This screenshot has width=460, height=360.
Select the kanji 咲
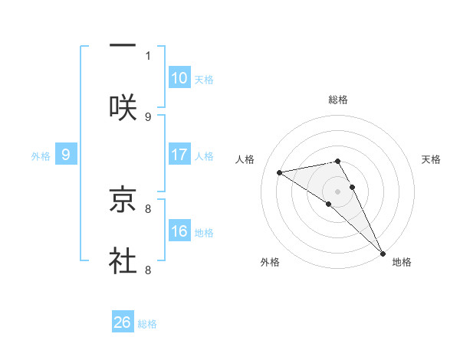coord(123,107)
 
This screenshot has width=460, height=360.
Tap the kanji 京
coord(123,201)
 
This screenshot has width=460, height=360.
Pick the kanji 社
coord(123,261)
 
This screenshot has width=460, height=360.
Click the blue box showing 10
coord(179,77)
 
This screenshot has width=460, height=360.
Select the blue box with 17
coord(179,155)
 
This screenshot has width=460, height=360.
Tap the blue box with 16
coord(179,231)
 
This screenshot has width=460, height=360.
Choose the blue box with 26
coord(123,322)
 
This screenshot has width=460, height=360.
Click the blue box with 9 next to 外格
coord(66,155)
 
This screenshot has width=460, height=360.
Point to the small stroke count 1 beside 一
coord(148,55)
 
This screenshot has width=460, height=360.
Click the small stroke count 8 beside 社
coord(148,270)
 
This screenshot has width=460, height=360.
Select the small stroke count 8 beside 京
coord(148,208)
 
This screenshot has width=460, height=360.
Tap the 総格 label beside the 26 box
coord(147,324)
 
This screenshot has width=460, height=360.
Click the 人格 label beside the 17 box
coord(204,156)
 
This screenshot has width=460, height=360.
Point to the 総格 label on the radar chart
coord(338,100)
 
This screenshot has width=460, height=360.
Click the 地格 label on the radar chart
coord(402,262)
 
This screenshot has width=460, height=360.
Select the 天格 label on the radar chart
coord(431,159)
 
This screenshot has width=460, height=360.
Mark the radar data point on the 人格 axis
coord(280,172)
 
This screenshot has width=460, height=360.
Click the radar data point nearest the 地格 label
coord(383,254)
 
